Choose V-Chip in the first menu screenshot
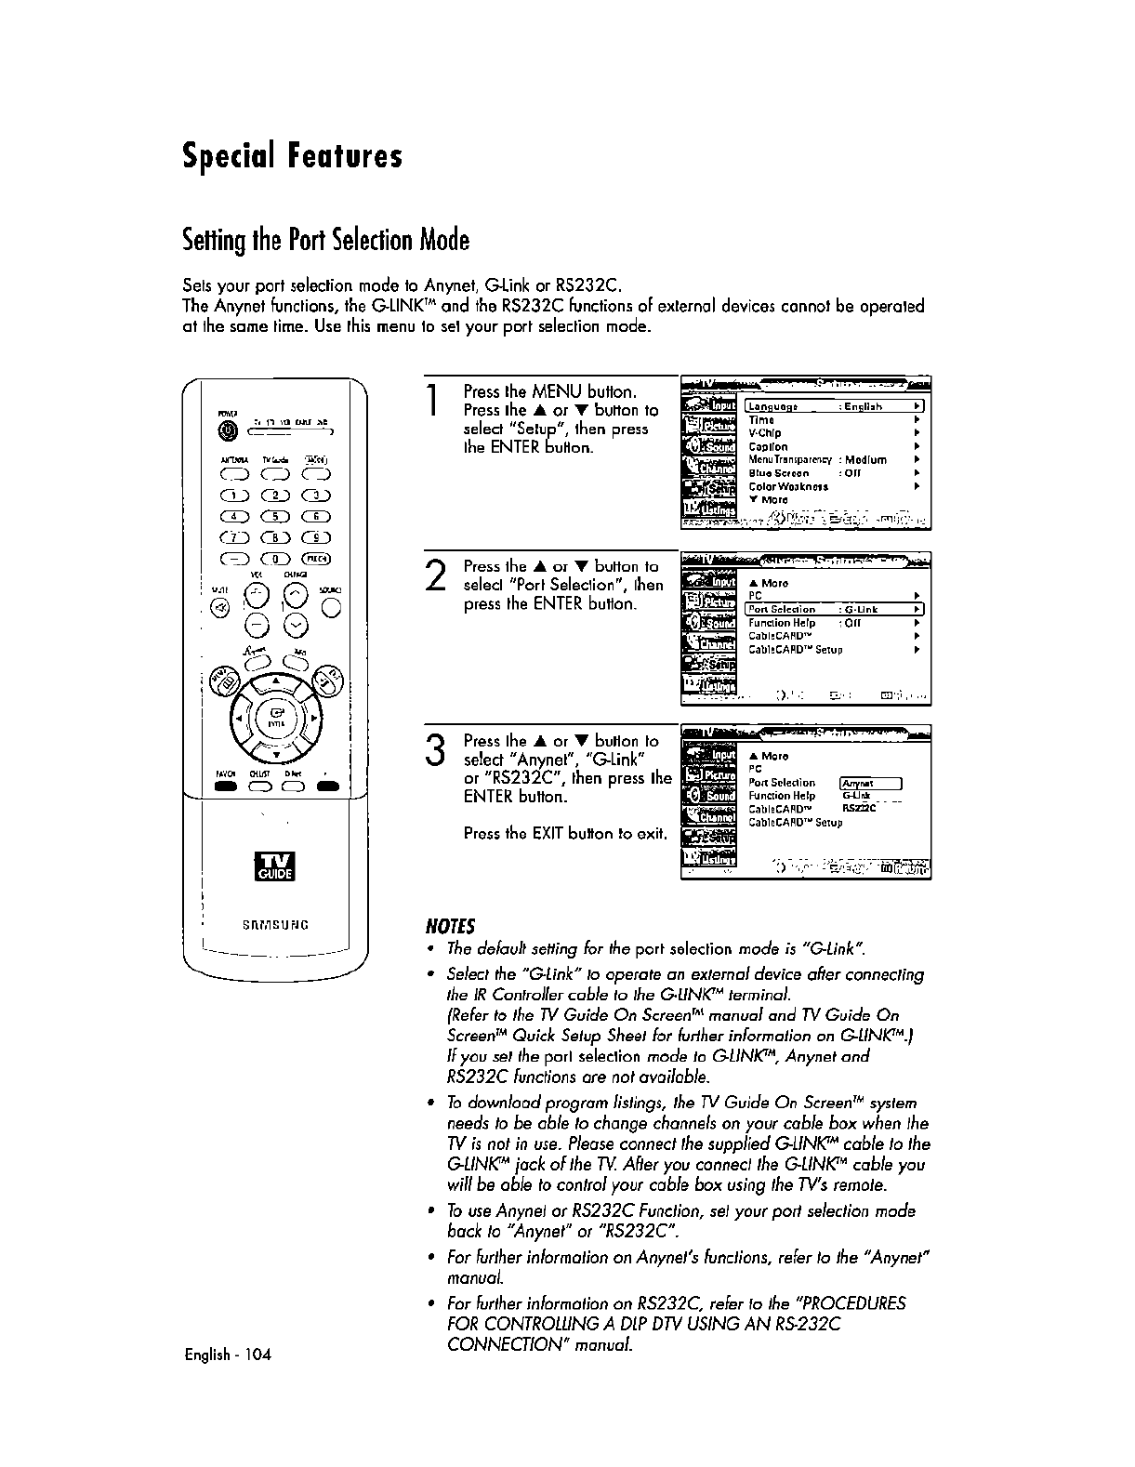[765, 433]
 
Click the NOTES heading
[450, 926]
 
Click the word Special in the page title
[225, 155]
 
